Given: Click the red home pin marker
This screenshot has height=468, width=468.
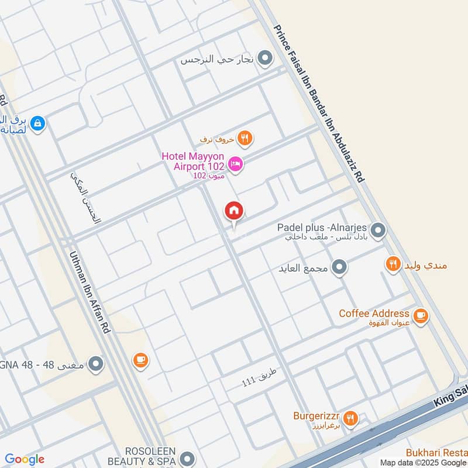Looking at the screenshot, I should pos(234,211).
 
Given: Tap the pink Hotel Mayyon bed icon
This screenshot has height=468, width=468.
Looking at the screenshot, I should pos(236,164).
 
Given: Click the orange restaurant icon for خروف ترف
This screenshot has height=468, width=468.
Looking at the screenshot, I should pos(245,139).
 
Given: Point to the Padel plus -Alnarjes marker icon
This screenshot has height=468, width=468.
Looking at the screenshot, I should pos(378,230).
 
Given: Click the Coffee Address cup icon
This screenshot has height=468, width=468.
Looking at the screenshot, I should pos(420,316).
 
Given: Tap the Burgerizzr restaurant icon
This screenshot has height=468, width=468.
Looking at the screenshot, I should pos(350,418).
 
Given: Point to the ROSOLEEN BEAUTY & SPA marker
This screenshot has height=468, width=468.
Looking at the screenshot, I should pos(187,458).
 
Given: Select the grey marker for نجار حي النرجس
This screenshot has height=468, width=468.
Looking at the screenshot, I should pos(266,58).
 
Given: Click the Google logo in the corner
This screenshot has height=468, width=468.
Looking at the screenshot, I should pos(25,459).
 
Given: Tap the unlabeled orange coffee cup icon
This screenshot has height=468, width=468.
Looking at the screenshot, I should pos(140,360).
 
